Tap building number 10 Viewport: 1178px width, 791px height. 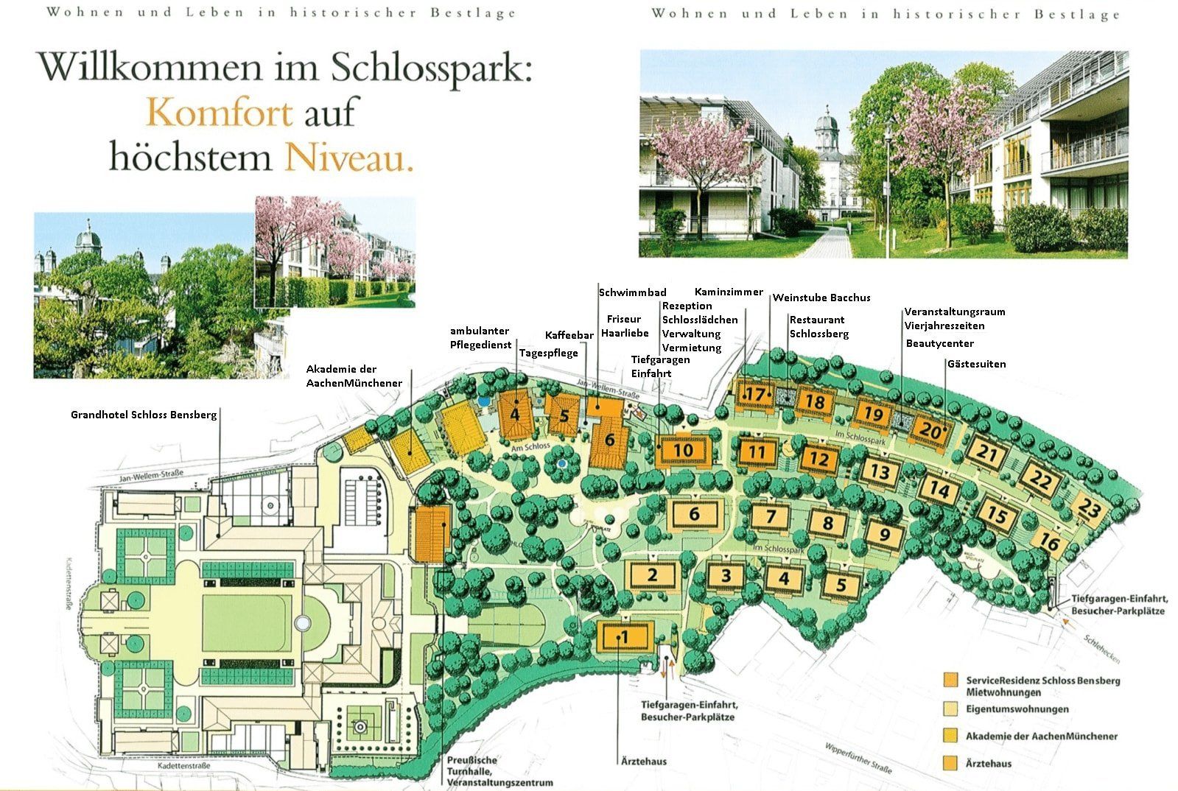point(683,450)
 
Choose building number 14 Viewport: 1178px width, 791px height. point(939,488)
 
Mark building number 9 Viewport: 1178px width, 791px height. point(885,535)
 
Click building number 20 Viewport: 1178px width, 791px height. point(931,431)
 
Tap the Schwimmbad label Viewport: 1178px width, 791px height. point(632,292)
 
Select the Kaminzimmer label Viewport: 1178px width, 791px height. point(729,292)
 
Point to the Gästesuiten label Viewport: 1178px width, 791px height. point(976,364)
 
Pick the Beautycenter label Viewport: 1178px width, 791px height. point(939,343)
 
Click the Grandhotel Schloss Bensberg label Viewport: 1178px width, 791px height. point(144,415)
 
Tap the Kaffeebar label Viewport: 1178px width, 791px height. point(569,335)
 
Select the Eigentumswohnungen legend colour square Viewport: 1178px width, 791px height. point(952,709)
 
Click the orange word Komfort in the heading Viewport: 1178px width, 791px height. point(220,113)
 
